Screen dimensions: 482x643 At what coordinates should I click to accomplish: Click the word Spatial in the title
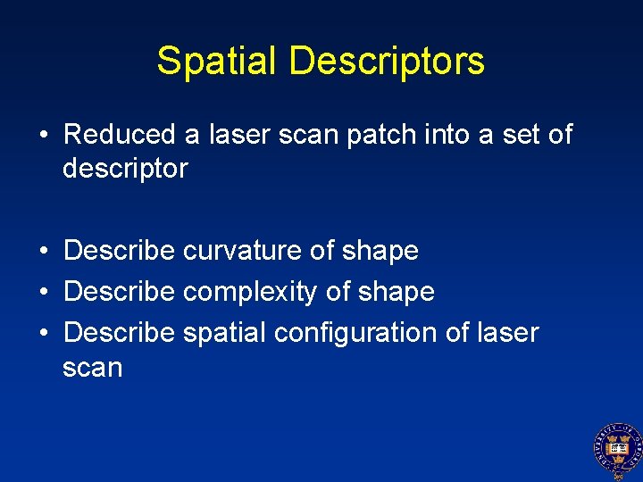217,61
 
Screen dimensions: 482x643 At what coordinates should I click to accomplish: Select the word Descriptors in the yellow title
388,61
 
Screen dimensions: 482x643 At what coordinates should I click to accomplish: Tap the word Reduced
120,135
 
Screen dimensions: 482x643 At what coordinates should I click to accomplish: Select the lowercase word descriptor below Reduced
125,169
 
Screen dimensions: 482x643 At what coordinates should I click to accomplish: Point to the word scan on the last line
92,368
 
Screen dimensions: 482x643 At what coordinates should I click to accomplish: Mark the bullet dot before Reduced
43,136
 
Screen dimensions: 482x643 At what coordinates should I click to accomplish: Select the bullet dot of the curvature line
43,251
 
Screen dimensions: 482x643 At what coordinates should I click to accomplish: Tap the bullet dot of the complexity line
43,292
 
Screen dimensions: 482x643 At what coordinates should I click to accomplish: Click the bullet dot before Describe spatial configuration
43,333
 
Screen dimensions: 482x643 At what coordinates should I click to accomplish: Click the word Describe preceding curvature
120,251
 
